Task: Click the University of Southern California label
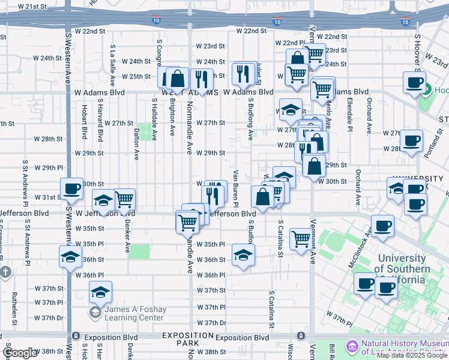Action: pyautogui.click(x=403, y=263)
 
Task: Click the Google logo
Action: pyautogui.click(x=20, y=353)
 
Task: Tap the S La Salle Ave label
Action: pyautogui.click(x=112, y=65)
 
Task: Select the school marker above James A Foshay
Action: pyautogui.click(x=100, y=292)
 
